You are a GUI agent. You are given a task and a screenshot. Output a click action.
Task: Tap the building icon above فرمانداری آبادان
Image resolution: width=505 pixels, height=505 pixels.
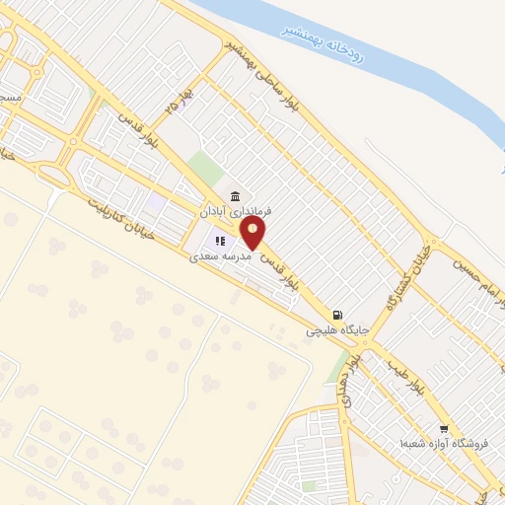coord(235,195)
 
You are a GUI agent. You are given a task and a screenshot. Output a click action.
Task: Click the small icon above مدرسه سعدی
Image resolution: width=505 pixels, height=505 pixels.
coord(222,239)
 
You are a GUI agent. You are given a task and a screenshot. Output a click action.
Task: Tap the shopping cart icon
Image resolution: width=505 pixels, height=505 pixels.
coord(444,429)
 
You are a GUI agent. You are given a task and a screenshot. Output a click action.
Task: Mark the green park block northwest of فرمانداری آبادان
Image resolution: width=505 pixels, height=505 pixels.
coord(204,166)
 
